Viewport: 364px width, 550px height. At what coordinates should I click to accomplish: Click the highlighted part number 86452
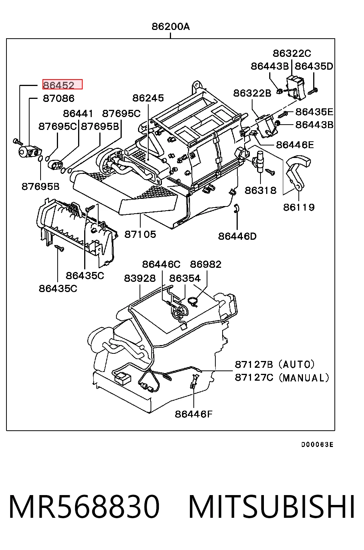tap(58, 85)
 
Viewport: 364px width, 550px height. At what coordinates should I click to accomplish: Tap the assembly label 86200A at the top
tap(171, 26)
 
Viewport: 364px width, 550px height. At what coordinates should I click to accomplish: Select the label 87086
tap(58, 98)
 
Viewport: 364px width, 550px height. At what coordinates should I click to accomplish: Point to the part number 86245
tap(148, 98)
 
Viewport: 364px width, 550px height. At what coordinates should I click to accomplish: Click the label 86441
tap(78, 113)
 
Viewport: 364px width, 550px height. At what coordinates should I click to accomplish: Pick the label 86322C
tap(292, 53)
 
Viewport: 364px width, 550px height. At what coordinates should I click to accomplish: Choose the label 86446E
tap(295, 145)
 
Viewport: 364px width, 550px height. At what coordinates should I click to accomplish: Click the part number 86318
tap(260, 190)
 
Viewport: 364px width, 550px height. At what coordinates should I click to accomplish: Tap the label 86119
tap(299, 207)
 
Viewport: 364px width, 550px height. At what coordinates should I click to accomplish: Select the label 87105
tap(140, 234)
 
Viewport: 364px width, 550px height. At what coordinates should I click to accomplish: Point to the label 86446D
tap(237, 236)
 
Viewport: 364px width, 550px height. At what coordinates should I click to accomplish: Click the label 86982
tap(206, 264)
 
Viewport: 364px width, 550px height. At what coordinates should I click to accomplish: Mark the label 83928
tap(140, 278)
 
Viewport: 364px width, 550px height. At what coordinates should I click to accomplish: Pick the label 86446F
tap(193, 414)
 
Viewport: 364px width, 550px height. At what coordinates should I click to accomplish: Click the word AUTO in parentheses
tap(297, 364)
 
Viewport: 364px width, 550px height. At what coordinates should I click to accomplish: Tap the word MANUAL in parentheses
tap(304, 378)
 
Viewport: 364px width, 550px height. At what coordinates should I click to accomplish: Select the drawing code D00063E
tap(317, 445)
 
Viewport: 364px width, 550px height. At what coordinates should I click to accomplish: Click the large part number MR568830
tap(84, 507)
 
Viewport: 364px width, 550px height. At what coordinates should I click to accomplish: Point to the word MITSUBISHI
tap(271, 507)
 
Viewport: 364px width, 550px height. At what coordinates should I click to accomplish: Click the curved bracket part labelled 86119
tap(298, 172)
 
